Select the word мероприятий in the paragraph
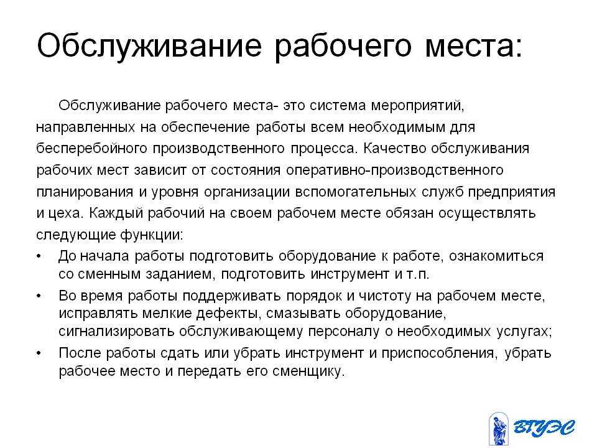[x=418, y=106]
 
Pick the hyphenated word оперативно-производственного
[x=395, y=170]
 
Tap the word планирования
[x=85, y=192]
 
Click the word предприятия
[x=511, y=192]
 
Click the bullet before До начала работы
[x=39, y=256]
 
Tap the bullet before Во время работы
[x=39, y=296]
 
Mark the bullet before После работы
[x=39, y=353]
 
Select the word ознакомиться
[x=496, y=256]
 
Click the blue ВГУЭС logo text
[x=544, y=427]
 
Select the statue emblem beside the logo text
[x=498, y=429]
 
